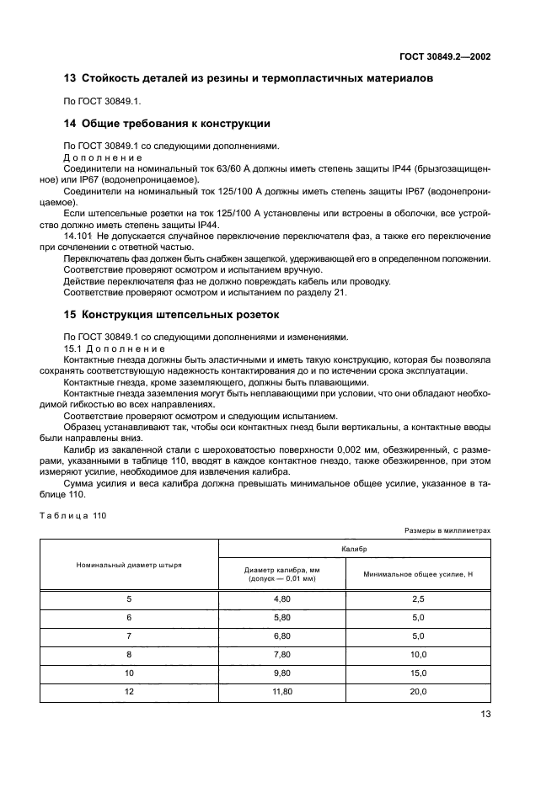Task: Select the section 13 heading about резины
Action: tap(249, 78)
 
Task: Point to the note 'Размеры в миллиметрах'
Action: tap(447, 531)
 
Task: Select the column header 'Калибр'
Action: tap(354, 548)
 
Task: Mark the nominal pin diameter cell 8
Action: tap(129, 654)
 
